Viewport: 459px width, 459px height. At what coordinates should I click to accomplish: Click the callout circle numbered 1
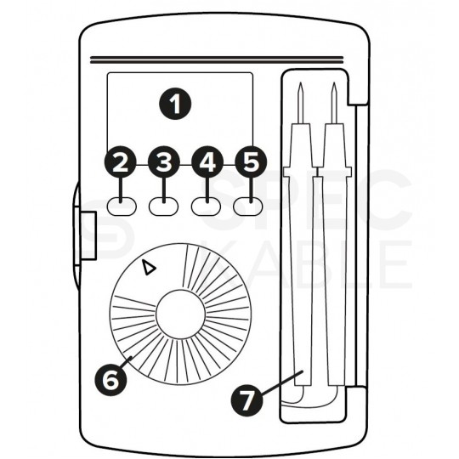point(175,104)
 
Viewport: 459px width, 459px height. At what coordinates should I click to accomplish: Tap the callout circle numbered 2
point(121,161)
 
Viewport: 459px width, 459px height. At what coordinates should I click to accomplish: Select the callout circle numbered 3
point(164,161)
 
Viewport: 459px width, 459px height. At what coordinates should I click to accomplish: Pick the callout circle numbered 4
point(207,161)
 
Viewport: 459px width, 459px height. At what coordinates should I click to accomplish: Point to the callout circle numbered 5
point(251,161)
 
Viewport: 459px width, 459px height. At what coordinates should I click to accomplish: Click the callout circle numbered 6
point(110,380)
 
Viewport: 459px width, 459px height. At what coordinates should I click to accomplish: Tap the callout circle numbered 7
point(246,399)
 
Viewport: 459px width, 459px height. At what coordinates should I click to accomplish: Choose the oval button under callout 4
point(206,207)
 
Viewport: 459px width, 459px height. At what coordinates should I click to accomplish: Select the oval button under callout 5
point(248,207)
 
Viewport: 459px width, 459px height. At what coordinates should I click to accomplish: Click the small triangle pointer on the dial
point(149,268)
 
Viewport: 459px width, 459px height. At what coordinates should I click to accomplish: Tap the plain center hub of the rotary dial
point(180,314)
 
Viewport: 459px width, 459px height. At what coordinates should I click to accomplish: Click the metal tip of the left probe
point(300,103)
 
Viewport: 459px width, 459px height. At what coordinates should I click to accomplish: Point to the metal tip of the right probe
point(334,103)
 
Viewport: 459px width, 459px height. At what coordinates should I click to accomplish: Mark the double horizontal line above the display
point(217,60)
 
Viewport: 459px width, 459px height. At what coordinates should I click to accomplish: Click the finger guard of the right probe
point(335,172)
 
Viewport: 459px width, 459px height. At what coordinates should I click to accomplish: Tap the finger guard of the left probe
point(300,172)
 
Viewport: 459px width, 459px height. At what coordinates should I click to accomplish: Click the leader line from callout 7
point(281,382)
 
